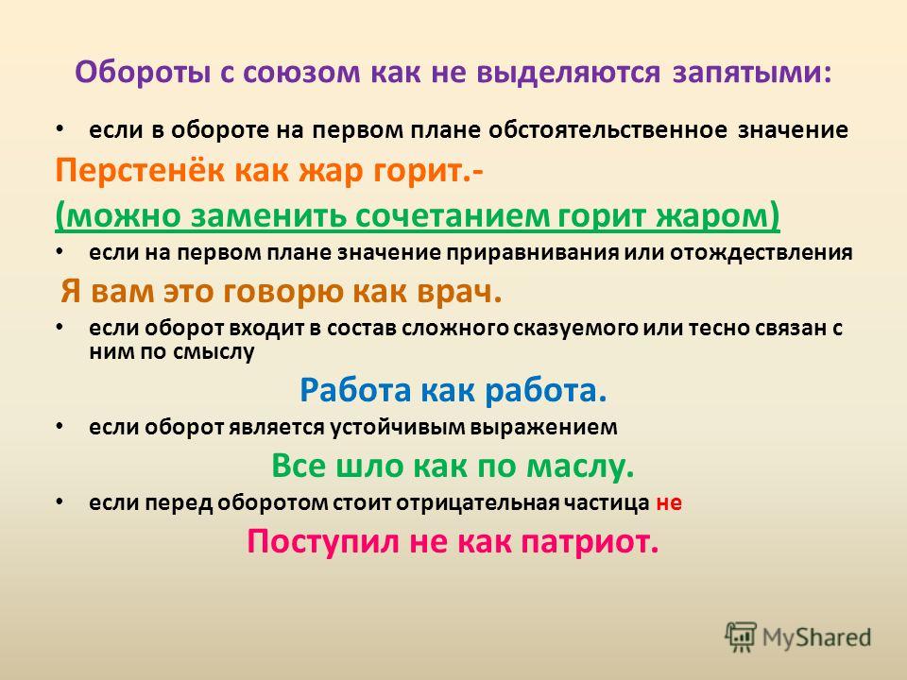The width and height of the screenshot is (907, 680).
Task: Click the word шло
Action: [x=368, y=466]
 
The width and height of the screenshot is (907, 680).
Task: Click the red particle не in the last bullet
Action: [x=669, y=503]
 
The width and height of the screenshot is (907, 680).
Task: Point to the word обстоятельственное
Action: [x=608, y=129]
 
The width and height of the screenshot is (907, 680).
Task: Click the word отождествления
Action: [x=762, y=253]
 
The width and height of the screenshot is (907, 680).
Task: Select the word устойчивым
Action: [x=398, y=427]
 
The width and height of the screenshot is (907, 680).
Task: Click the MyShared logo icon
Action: [x=740, y=637]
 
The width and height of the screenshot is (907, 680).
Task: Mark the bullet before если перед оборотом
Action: [x=60, y=501]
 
